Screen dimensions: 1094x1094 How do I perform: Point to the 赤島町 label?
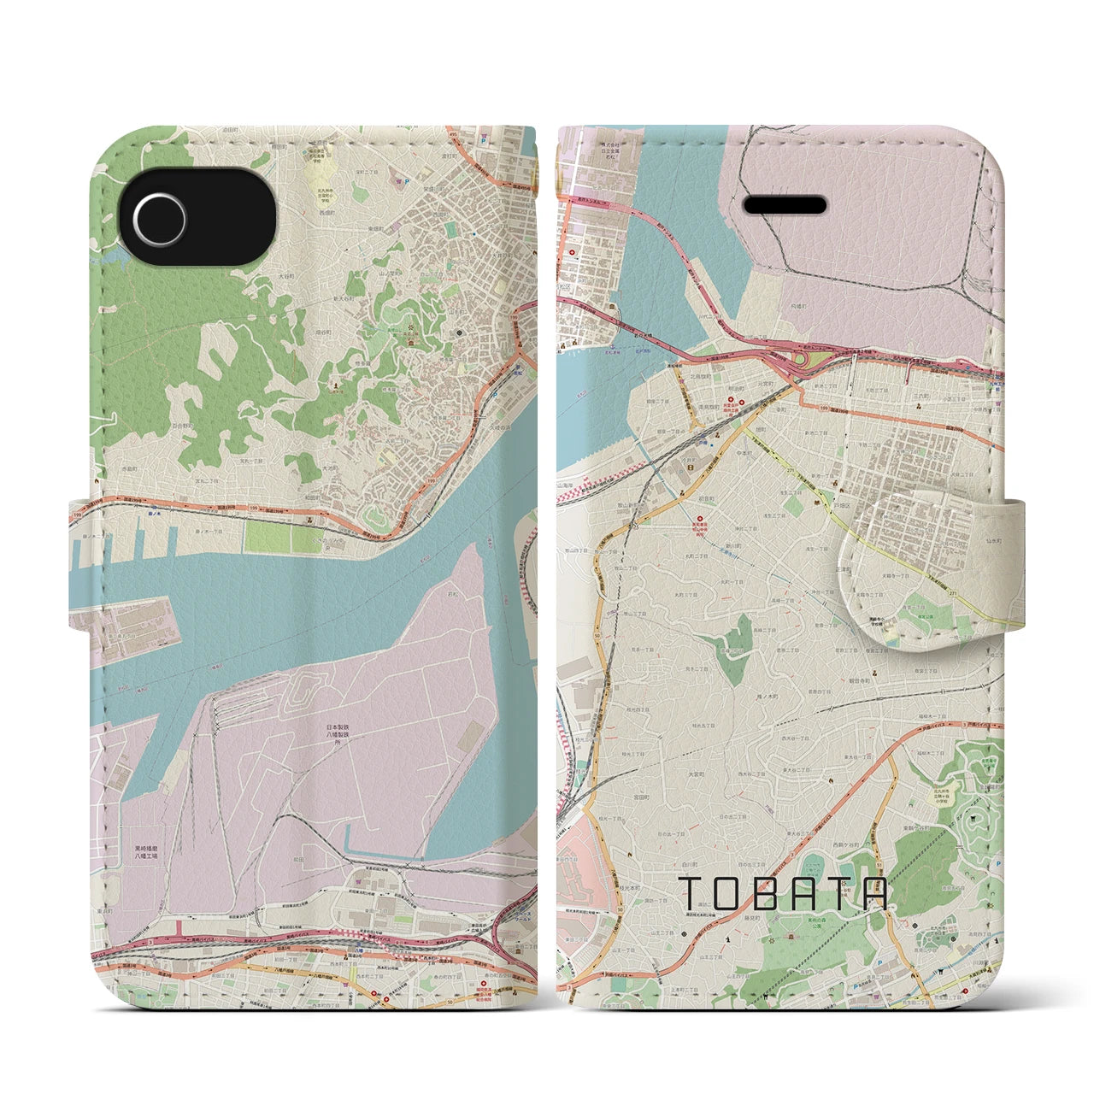coord(128,469)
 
